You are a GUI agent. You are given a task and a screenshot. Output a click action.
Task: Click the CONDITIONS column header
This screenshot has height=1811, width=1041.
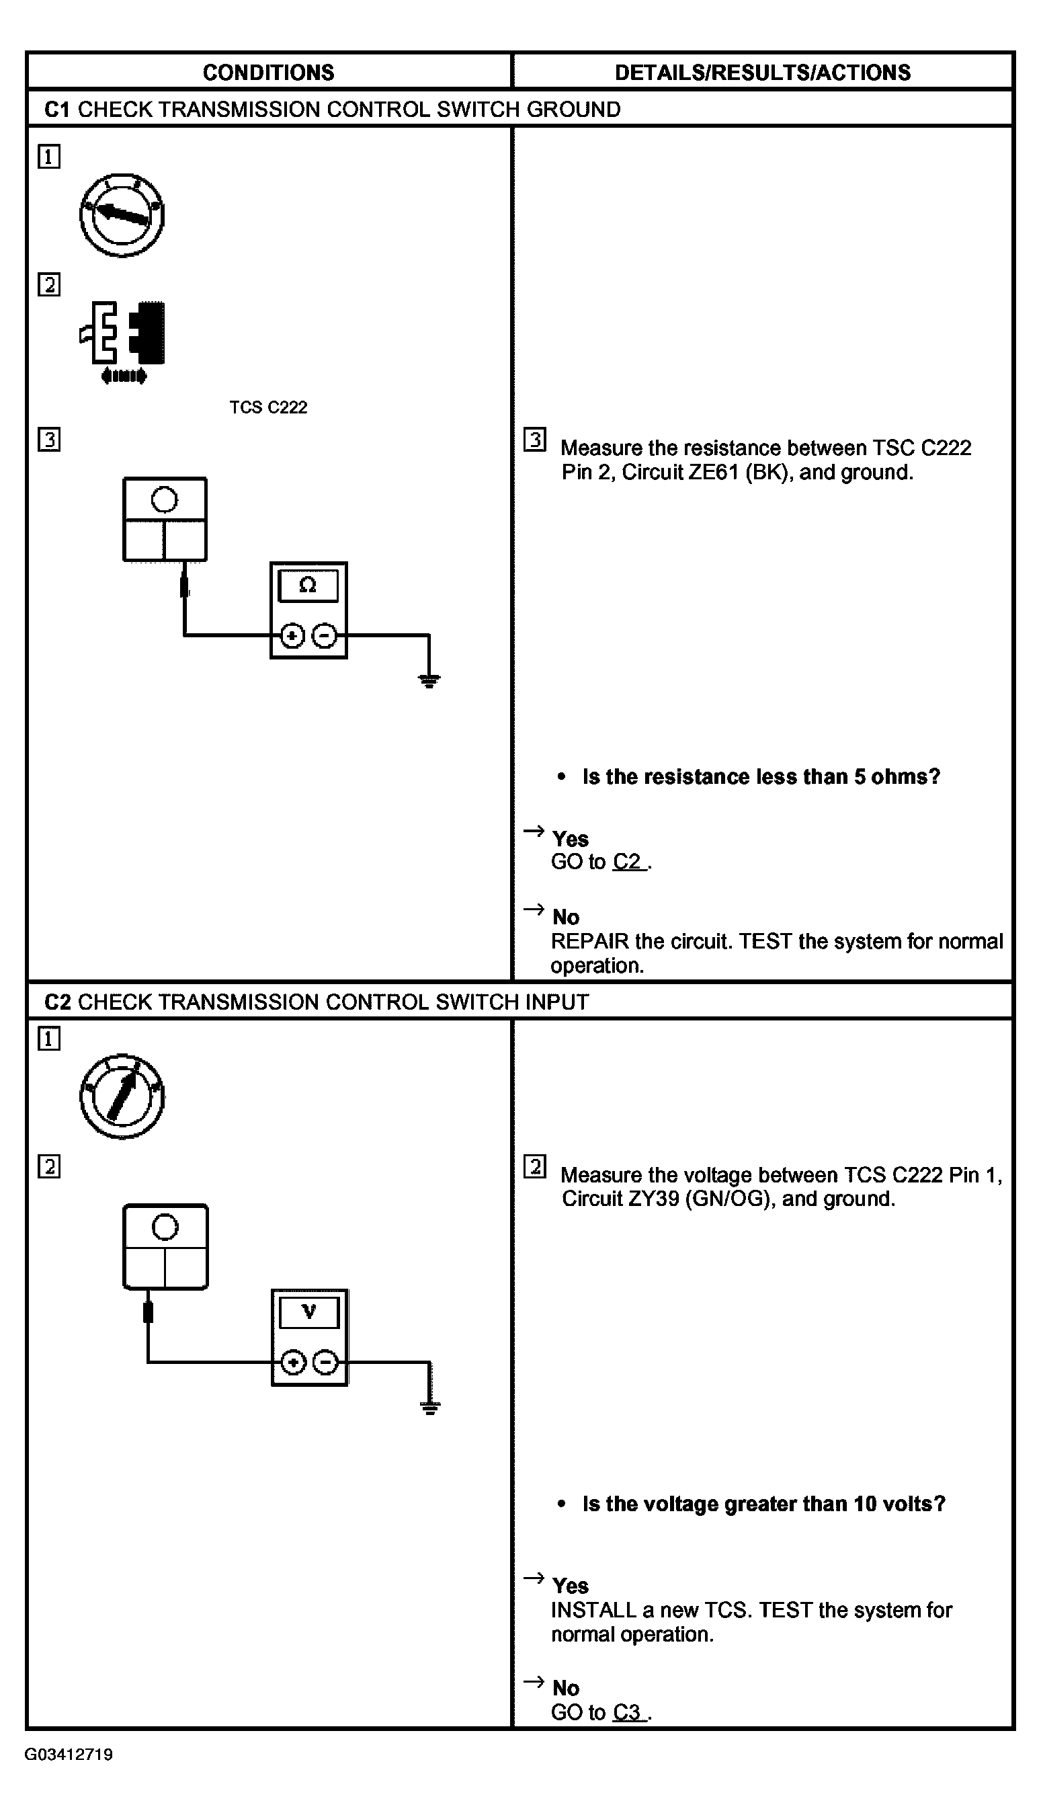tap(268, 72)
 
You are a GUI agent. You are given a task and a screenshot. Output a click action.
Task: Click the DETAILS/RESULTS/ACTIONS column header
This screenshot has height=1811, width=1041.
tap(762, 72)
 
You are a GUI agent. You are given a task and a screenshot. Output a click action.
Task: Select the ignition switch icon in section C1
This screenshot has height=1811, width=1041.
tap(122, 214)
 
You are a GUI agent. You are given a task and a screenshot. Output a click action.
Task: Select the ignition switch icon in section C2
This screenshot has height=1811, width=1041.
tap(122, 1096)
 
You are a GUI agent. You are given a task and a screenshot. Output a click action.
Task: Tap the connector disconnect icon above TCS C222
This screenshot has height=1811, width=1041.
tap(123, 341)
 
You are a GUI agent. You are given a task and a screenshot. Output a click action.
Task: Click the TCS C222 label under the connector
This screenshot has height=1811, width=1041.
tap(268, 407)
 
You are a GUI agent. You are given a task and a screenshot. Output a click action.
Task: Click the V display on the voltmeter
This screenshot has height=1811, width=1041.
tap(309, 1312)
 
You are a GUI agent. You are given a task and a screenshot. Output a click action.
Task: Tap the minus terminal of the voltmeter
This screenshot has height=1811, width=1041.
tap(326, 1363)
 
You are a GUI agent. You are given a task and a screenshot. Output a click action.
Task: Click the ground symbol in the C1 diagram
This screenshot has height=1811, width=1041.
tap(429, 680)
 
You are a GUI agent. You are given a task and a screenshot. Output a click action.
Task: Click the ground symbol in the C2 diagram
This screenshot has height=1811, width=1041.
tap(429, 1408)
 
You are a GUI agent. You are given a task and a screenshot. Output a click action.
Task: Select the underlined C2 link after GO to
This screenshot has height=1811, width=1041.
tap(628, 862)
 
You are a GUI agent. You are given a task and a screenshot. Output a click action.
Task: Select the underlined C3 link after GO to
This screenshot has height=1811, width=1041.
tap(628, 1712)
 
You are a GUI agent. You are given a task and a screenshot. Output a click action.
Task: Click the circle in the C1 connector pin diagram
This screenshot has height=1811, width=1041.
tap(165, 499)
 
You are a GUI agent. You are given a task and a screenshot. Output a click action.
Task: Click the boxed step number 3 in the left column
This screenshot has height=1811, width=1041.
tap(49, 439)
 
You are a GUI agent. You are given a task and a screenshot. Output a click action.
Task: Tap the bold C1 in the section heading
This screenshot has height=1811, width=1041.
tap(57, 110)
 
